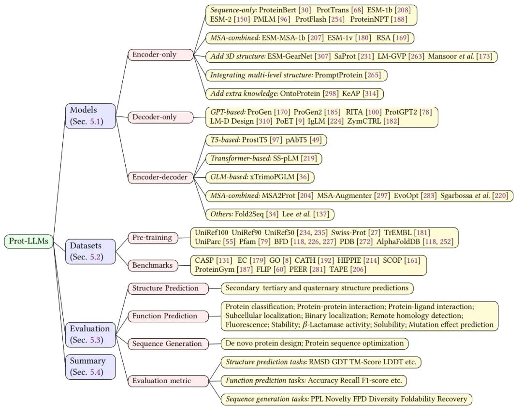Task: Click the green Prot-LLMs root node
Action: click(29, 241)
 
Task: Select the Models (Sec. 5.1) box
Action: click(90, 116)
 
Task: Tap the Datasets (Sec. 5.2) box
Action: click(90, 251)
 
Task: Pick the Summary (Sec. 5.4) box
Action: click(90, 367)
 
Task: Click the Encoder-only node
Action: click(160, 55)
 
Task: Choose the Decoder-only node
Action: click(160, 117)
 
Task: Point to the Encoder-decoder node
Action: click(160, 177)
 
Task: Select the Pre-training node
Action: click(153, 238)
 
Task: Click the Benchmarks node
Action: click(153, 265)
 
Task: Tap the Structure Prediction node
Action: click(168, 288)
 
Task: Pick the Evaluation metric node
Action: click(168, 381)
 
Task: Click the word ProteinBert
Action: click(277, 10)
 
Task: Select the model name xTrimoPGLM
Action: click(272, 177)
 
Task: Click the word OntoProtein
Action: click(300, 94)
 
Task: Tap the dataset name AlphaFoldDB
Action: click(398, 242)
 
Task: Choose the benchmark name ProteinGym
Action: click(215, 269)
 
